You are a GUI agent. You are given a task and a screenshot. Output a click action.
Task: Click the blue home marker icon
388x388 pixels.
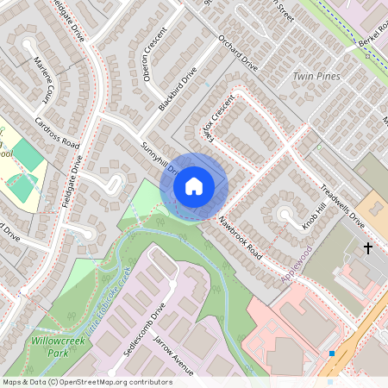[194, 185]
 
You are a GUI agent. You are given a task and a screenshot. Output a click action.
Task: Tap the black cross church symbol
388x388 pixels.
[368, 248]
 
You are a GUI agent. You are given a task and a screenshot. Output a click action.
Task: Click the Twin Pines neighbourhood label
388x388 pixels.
[316, 76]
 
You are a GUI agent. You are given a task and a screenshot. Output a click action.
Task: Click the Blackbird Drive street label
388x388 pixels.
[178, 89]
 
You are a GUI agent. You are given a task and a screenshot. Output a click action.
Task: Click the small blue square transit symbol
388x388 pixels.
[331, 354]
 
